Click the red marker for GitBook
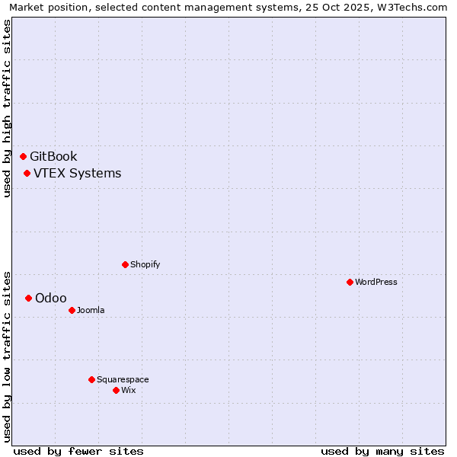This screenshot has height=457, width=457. (x=24, y=157)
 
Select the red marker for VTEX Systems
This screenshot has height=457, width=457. (x=27, y=174)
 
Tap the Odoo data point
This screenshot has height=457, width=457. (x=28, y=299)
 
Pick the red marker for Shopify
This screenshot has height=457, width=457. (x=125, y=265)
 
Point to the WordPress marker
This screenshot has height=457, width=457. (x=350, y=283)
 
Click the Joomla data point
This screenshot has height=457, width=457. (x=72, y=311)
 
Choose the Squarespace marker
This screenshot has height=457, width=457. (x=91, y=380)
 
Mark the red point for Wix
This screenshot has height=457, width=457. (x=116, y=391)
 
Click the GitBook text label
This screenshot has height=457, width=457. (x=53, y=157)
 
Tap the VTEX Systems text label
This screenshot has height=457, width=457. (x=77, y=174)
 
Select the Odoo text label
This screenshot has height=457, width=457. (x=51, y=299)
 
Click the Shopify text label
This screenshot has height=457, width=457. (x=145, y=265)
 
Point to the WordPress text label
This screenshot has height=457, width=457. (x=376, y=283)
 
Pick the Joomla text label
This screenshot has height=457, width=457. (x=91, y=311)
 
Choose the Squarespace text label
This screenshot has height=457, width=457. (x=123, y=380)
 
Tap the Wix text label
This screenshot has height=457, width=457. (x=129, y=391)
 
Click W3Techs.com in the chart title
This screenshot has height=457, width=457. (x=410, y=7)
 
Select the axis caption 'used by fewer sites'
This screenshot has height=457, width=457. (x=78, y=451)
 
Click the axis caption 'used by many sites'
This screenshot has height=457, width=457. (x=382, y=451)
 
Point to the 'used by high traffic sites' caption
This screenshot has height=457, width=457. (x=7, y=108)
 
